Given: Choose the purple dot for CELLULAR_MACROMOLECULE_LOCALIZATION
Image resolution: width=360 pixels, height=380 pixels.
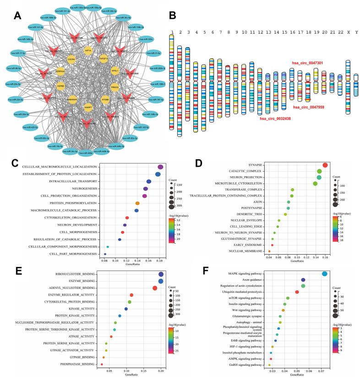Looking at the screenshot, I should pos(160,168).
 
